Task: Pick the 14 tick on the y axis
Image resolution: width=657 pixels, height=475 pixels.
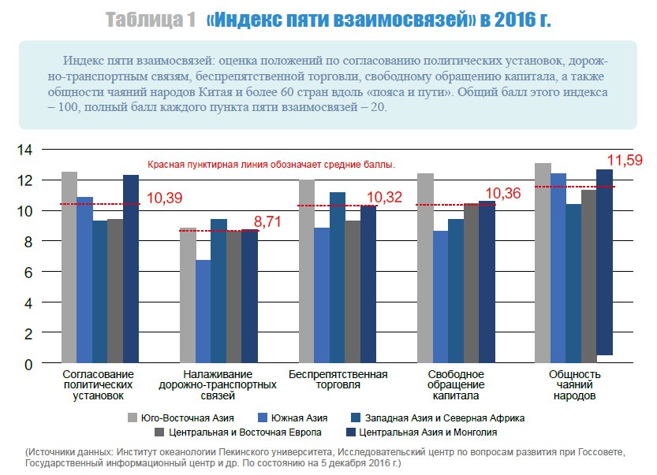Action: pos(24,149)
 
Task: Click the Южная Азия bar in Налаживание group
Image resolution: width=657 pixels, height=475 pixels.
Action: pos(203,312)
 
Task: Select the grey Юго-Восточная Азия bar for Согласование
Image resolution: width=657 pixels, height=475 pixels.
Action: pos(69,268)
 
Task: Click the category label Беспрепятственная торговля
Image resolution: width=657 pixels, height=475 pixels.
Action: pos(338,379)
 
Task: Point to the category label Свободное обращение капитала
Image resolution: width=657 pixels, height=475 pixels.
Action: pos(456,384)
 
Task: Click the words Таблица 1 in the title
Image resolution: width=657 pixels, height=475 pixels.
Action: pos(151,20)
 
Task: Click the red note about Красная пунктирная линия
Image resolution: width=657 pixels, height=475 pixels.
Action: pos(271,165)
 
